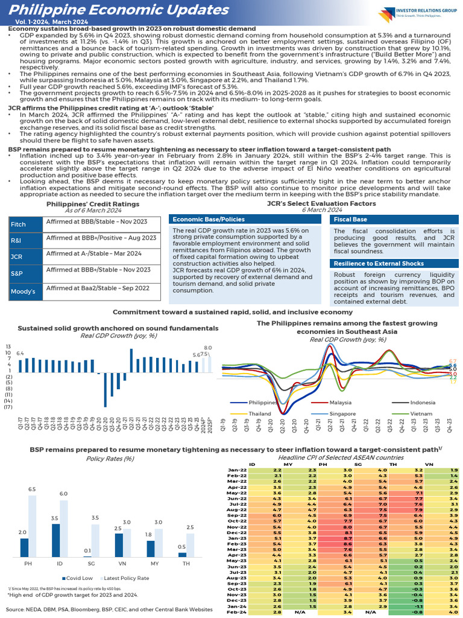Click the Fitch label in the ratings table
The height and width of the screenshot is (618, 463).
(x=19, y=225)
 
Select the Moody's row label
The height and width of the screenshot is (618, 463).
(x=22, y=292)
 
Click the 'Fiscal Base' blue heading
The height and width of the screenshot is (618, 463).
(x=351, y=219)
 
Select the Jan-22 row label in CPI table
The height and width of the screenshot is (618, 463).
(x=236, y=469)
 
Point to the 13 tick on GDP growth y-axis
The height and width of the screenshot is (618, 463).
(x=8, y=346)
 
